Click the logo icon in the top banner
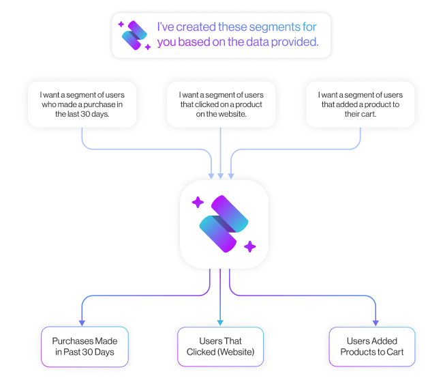[134, 35]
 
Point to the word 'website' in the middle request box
[230, 115]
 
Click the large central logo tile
[224, 224]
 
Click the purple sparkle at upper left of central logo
[198, 202]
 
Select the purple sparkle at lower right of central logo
[249, 246]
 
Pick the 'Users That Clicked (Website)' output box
[221, 347]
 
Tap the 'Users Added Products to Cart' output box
[375, 347]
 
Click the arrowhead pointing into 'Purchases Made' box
[82, 322]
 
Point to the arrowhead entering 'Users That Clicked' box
[221, 322]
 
